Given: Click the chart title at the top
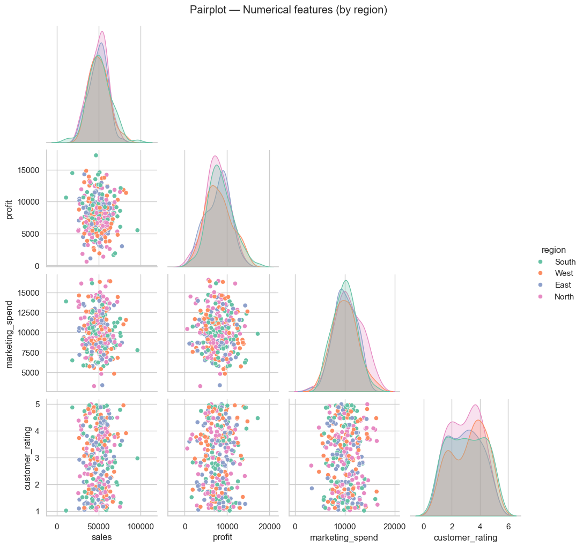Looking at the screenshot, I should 291,10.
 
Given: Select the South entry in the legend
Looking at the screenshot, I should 565,262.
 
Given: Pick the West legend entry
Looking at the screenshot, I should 564,273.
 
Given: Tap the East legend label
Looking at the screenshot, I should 563,285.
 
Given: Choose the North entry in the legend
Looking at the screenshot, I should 564,297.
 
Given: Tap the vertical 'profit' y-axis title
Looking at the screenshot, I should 10,208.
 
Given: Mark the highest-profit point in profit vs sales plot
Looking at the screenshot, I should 96,155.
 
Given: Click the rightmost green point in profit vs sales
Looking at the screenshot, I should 137,230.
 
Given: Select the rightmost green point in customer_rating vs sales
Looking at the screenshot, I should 137,458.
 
